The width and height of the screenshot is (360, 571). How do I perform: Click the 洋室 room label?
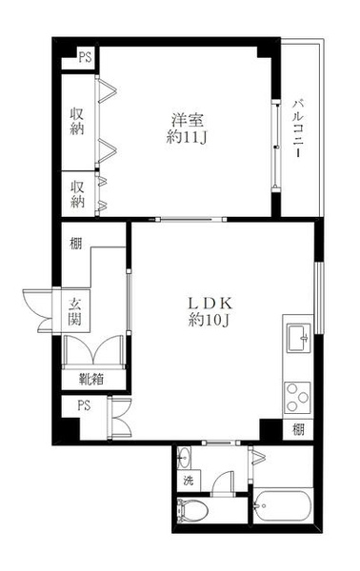pyautogui.click(x=188, y=120)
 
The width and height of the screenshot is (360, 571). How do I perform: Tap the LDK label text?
pyautogui.click(x=210, y=303)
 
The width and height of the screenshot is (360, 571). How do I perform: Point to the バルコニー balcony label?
pyautogui.click(x=299, y=128)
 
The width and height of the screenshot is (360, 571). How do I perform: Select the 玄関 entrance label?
pyautogui.click(x=75, y=311)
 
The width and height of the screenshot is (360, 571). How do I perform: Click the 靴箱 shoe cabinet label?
pyautogui.click(x=91, y=379)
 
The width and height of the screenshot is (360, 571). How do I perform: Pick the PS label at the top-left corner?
pyautogui.click(x=86, y=57)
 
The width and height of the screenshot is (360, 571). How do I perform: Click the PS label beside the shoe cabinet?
pyautogui.click(x=84, y=405)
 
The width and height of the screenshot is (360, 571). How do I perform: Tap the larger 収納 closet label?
pyautogui.click(x=77, y=121)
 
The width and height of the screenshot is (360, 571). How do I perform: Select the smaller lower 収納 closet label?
pyautogui.click(x=77, y=194)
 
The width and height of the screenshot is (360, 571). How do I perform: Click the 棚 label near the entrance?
pyautogui.click(x=76, y=244)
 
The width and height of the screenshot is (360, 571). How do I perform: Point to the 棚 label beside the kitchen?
pyautogui.click(x=298, y=430)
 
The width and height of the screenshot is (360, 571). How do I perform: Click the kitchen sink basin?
pyautogui.click(x=299, y=339)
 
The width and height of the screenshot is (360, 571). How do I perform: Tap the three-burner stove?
pyautogui.click(x=297, y=398)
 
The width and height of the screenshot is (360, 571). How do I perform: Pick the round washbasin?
pyautogui.click(x=184, y=458)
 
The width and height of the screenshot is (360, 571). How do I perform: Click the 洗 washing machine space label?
pyautogui.click(x=189, y=481)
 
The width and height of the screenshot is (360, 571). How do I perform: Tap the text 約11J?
pyautogui.click(x=187, y=137)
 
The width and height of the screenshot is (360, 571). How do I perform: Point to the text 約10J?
pyautogui.click(x=209, y=320)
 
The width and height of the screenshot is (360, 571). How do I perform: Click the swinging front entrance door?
pyautogui.click(x=38, y=310)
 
